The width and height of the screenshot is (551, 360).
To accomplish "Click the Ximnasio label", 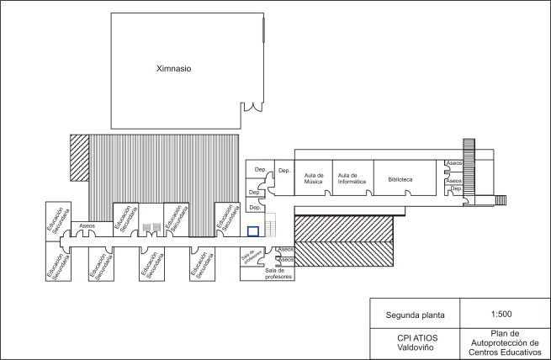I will coord(174,69).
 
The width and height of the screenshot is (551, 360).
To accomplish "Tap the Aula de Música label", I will coord(314,178).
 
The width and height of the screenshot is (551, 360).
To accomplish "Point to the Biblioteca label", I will coord(400,179).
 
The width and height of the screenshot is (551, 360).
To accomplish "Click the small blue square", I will coord(252,230).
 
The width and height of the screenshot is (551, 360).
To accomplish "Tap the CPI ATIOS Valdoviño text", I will coord(414,342).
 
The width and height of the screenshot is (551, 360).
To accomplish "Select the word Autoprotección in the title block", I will coord(501,342).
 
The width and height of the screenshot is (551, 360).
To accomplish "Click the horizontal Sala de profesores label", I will coord(278,273).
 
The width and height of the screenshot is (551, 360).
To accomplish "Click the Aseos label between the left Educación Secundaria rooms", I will coord(86,226).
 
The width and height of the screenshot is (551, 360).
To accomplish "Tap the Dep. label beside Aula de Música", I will coord(284,171).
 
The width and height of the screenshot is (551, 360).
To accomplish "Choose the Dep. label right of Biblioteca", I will coord(456,189).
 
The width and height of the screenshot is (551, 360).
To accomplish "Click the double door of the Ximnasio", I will coord(251,108).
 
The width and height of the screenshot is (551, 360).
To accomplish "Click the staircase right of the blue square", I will coord(271,226).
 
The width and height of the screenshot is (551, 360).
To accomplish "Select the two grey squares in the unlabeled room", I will coord(151,227).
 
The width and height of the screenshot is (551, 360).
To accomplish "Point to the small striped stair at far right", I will coord(501,200).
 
